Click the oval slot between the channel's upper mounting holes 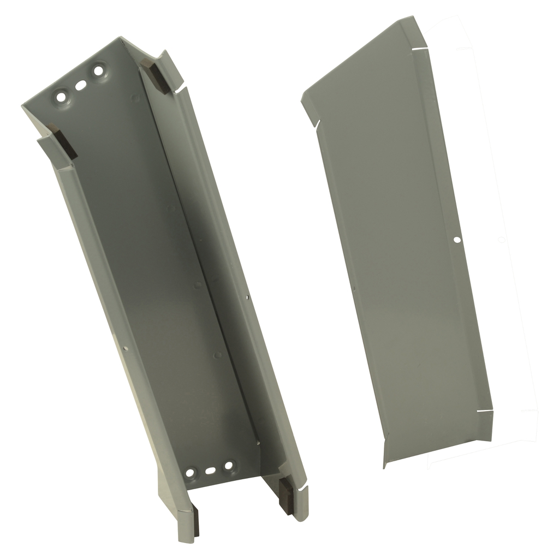80,85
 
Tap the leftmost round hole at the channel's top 61,97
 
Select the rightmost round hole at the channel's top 99,70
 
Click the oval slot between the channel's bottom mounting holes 210,469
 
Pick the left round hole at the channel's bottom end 191,472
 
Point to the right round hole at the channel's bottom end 229,466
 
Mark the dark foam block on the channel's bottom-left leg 195,521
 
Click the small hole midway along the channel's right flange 247,298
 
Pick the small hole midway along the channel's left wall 126,347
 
